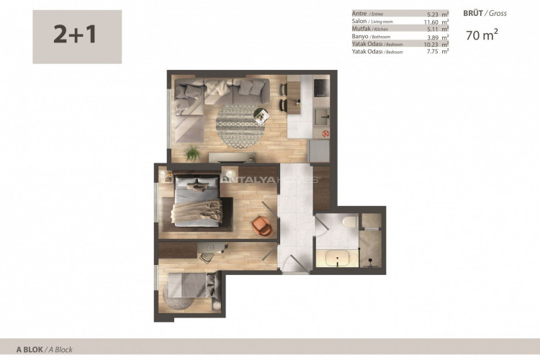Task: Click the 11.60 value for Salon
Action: [x=433, y=22]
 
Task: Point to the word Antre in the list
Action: [x=359, y=14]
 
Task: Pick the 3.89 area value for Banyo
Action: [x=434, y=37]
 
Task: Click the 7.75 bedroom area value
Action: [x=434, y=52]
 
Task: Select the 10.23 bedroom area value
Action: [x=433, y=44]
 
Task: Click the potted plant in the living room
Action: [x=192, y=153]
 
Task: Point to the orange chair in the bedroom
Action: [x=263, y=225]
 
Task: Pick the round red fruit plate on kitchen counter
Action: [x=325, y=134]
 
